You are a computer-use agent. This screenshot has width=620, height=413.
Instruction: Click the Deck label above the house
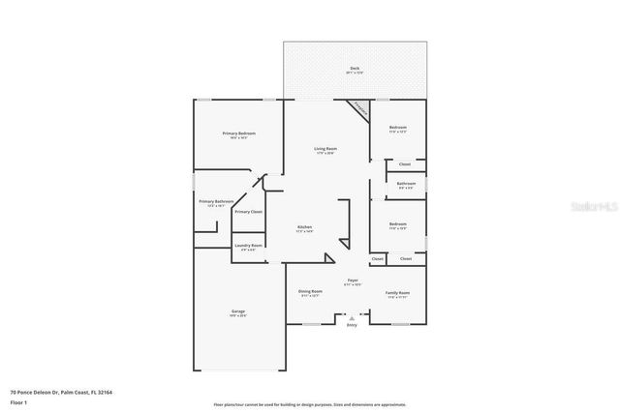[355, 69]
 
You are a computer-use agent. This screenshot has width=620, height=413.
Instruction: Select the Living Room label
[325, 148]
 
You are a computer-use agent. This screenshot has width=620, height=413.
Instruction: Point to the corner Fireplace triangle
[359, 107]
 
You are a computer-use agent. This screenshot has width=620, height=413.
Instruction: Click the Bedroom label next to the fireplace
[398, 128]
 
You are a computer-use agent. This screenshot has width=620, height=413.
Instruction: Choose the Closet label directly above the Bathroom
[405, 164]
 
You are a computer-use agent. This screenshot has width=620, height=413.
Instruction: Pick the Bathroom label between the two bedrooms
[406, 184]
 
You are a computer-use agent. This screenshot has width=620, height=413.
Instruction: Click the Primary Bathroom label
[216, 201]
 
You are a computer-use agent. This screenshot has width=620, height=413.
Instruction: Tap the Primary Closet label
[249, 211]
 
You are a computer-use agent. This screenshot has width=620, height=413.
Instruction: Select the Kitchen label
[305, 228]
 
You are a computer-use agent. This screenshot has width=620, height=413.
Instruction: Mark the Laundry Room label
[249, 246]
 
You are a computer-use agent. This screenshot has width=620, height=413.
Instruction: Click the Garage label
[237, 310]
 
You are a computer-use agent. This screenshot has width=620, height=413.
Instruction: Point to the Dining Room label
[310, 291]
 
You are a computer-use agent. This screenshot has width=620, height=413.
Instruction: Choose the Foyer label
[353, 281]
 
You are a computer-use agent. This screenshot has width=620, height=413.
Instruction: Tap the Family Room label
[398, 292]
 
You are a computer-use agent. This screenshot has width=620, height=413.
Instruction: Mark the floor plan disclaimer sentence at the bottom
[310, 404]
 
